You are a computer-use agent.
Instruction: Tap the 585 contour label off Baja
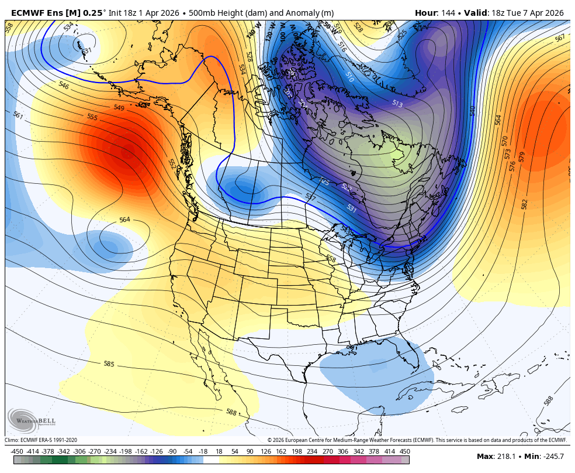[109, 364]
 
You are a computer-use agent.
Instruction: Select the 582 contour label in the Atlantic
[524, 204]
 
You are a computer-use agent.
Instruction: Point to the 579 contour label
[521, 157]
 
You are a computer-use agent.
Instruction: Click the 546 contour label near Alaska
[64, 85]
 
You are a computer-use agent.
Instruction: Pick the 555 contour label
[92, 117]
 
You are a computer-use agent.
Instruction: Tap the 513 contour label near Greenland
[397, 104]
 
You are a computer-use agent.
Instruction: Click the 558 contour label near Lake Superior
[331, 258]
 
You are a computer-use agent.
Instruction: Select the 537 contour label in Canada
[310, 198]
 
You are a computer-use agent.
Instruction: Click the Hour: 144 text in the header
[435, 13]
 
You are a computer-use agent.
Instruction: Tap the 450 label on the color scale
[404, 451]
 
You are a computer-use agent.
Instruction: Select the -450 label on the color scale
[17, 451]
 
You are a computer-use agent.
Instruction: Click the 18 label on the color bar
[219, 451]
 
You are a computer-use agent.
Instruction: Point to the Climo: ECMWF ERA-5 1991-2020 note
[41, 440]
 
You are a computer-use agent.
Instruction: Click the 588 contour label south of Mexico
[231, 412]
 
